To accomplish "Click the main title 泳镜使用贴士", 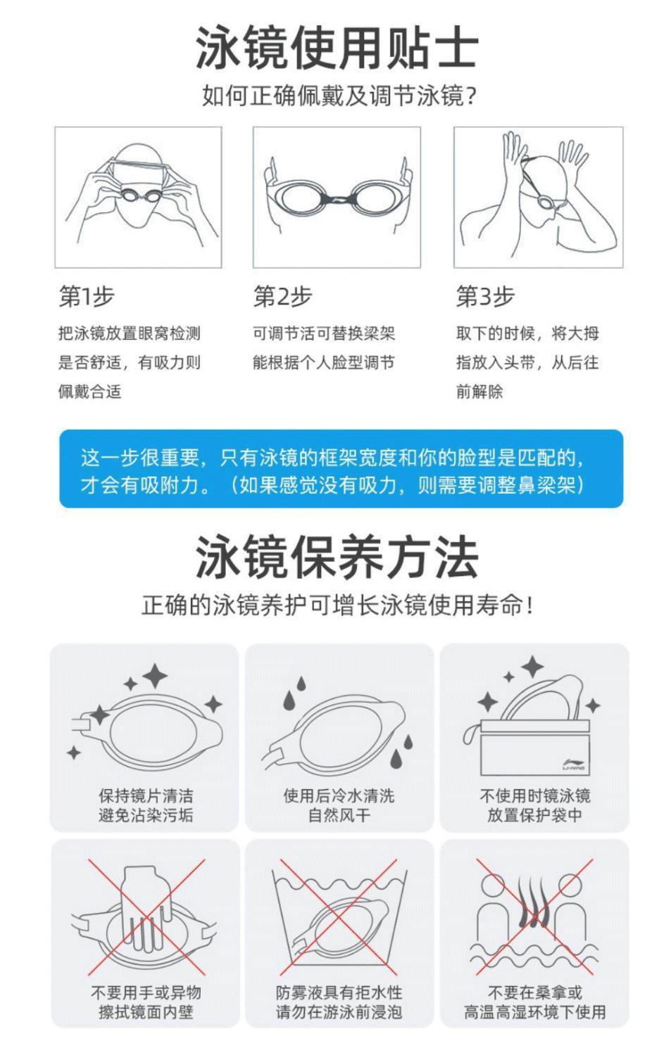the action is click(337, 47).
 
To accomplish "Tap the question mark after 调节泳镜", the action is click(470, 96).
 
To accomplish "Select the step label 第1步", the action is click(87, 296).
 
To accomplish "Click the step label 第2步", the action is click(282, 296).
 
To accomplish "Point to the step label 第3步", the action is click(484, 296).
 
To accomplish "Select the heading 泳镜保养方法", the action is click(337, 556).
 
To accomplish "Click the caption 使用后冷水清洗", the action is click(339, 796).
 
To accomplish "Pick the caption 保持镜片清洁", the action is click(146, 796).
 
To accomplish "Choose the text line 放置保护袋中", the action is click(534, 814).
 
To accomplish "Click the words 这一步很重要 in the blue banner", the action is click(139, 457).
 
